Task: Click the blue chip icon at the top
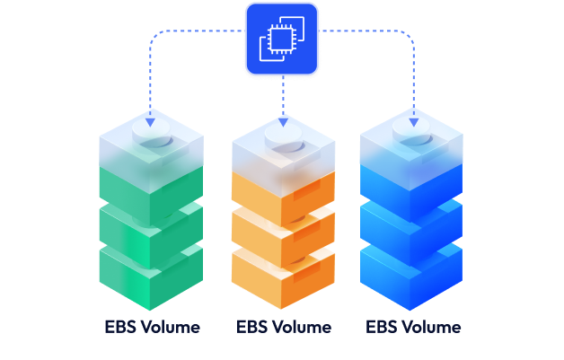282,38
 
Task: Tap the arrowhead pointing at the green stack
149,120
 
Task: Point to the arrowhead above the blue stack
414,120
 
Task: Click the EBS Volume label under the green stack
151,327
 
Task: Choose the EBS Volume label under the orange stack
283,327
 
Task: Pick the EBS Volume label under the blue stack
413,327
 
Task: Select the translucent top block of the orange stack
283,162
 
